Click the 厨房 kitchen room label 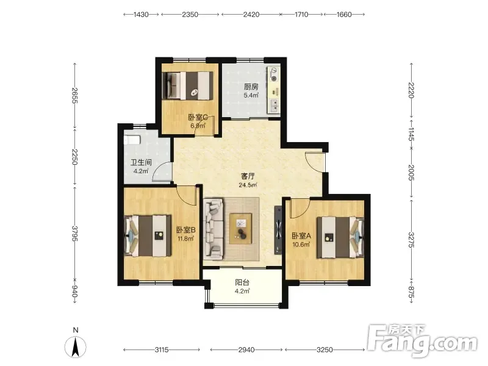251,87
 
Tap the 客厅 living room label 248,176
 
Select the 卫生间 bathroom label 141,162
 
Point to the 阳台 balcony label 242,282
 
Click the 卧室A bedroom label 301,236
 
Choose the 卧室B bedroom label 186,230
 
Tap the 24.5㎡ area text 248,185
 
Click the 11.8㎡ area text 186,239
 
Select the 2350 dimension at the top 190,14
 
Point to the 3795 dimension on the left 74,234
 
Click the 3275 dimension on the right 411,240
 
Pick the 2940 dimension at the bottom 246,350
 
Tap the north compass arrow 75,346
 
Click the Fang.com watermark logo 422,341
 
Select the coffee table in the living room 240,228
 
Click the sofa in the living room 213,229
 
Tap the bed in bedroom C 188,85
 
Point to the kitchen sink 274,106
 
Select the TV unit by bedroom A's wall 278,231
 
